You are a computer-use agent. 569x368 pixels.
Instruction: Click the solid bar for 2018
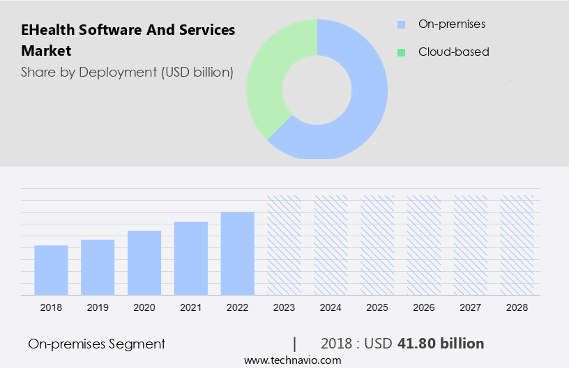click(51, 270)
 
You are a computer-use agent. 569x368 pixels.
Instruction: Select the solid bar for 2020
click(144, 263)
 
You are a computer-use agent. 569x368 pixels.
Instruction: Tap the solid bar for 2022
click(238, 254)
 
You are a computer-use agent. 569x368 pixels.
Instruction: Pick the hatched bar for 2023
click(284, 245)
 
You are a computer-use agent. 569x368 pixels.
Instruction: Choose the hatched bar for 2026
click(424, 245)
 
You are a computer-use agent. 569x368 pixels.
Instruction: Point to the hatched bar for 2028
click(517, 245)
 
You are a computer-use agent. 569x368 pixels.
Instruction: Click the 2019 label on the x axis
click(98, 307)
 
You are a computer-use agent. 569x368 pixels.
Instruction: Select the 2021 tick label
click(191, 307)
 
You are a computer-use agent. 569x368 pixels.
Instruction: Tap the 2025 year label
click(377, 307)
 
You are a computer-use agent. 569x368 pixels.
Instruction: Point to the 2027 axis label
click(471, 307)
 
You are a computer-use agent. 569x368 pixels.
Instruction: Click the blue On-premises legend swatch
click(401, 24)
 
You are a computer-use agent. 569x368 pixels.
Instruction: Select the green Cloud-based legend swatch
click(401, 52)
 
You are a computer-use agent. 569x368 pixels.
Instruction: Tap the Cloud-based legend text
click(453, 52)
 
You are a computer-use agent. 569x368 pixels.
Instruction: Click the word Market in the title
click(46, 51)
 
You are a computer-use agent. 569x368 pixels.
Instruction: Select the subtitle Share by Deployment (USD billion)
click(127, 72)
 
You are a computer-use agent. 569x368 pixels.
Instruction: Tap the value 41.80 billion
click(441, 344)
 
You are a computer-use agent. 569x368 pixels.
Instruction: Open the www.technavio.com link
click(293, 360)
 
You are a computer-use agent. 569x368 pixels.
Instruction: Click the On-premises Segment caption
click(97, 344)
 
